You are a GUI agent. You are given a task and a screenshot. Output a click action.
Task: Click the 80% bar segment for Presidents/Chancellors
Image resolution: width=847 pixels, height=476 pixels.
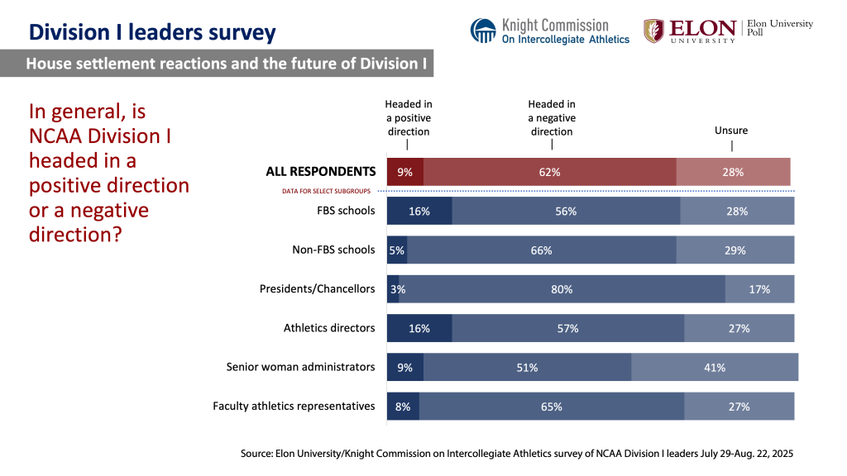pyautogui.click(x=562, y=289)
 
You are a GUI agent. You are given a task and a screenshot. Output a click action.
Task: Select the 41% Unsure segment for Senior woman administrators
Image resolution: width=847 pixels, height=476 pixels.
pyautogui.click(x=715, y=367)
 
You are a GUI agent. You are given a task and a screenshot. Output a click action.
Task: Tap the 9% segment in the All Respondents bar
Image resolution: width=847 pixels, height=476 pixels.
pyautogui.click(x=405, y=172)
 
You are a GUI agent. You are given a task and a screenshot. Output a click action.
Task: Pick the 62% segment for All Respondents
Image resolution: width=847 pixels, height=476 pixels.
pyautogui.click(x=550, y=172)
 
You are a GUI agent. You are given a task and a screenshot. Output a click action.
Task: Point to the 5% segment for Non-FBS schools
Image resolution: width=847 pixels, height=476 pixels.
pyautogui.click(x=397, y=250)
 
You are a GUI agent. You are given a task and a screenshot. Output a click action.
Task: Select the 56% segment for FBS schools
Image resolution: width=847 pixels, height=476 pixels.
pyautogui.click(x=566, y=211)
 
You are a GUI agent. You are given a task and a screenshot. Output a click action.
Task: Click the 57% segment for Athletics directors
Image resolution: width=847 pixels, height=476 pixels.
pyautogui.click(x=567, y=328)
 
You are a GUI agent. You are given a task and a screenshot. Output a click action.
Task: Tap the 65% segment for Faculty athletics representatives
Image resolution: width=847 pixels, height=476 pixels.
pyautogui.click(x=552, y=406)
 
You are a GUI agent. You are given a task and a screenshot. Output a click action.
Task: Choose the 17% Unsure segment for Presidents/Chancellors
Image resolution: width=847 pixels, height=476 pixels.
pyautogui.click(x=759, y=289)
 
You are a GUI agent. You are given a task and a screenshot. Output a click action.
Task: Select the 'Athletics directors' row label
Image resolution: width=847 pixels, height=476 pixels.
pyautogui.click(x=329, y=328)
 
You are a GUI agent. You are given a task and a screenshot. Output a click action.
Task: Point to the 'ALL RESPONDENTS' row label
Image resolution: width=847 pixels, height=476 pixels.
pyautogui.click(x=320, y=172)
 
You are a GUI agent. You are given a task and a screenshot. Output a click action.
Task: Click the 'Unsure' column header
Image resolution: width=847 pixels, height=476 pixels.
pyautogui.click(x=731, y=131)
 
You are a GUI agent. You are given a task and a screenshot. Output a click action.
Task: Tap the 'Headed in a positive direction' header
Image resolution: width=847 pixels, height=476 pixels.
pyautogui.click(x=408, y=117)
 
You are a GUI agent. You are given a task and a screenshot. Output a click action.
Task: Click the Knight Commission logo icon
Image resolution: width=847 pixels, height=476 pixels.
pyautogui.click(x=483, y=31)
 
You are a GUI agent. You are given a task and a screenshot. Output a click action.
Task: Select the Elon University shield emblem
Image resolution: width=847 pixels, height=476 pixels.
pyautogui.click(x=653, y=31)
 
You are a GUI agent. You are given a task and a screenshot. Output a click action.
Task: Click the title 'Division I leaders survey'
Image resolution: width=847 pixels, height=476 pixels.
pyautogui.click(x=152, y=32)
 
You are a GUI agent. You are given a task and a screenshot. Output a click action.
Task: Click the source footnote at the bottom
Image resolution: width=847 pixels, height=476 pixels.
pyautogui.click(x=517, y=454)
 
